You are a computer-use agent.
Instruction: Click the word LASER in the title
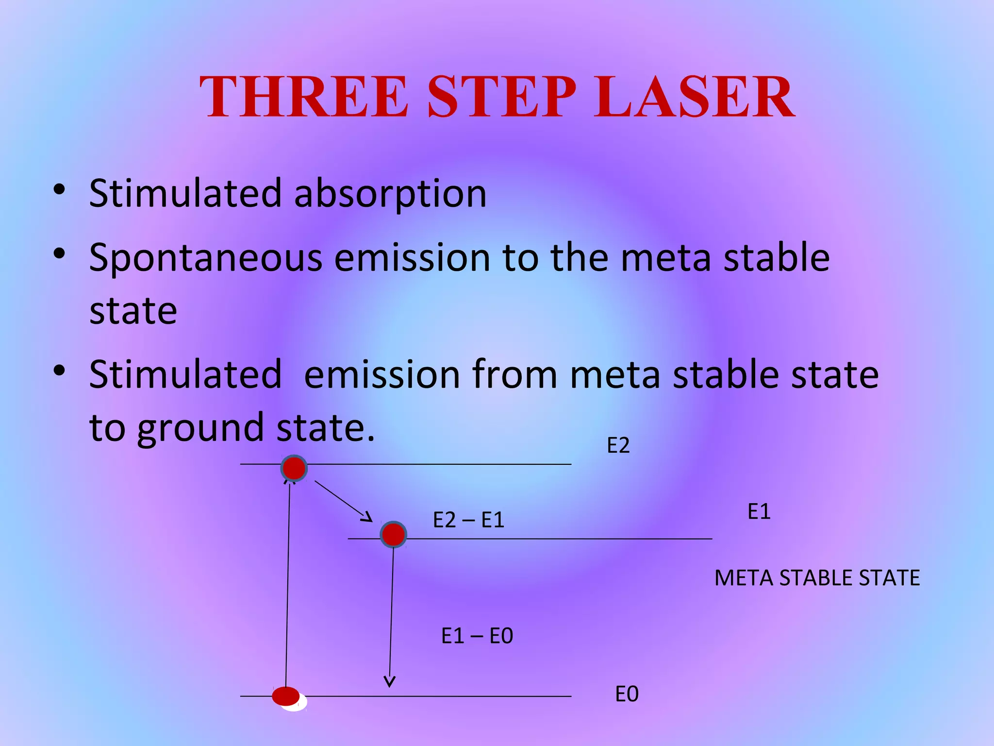tap(694, 97)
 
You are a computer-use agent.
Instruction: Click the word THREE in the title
tap(304, 97)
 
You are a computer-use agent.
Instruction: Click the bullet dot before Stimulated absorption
tap(59, 190)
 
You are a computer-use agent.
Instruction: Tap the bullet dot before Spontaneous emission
tap(59, 254)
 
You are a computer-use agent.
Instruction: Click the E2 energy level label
tap(618, 445)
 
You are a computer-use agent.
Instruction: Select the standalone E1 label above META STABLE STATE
tap(759, 512)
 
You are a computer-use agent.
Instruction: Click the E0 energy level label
tap(627, 695)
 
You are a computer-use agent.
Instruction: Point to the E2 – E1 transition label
tap(468, 521)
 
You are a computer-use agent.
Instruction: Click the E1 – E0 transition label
tap(477, 636)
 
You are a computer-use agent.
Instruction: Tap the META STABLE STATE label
tap(817, 578)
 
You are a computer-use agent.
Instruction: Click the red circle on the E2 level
tap(294, 468)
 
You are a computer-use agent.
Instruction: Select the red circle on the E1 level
tap(393, 535)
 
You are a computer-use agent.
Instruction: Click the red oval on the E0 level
tap(286, 696)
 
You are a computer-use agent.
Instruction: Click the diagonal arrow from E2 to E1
tap(342, 500)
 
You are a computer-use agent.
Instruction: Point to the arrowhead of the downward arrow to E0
tap(390, 681)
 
